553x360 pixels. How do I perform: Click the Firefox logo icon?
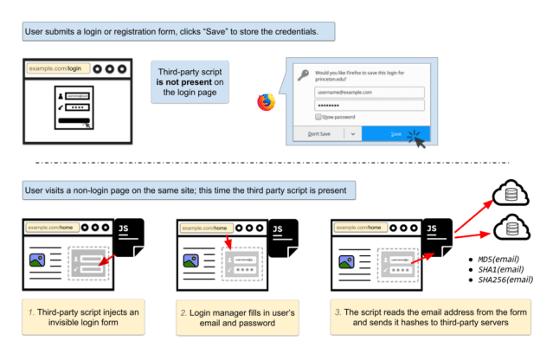click(x=266, y=102)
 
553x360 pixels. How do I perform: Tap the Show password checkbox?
click(x=319, y=116)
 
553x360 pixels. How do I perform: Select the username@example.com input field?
click(x=369, y=92)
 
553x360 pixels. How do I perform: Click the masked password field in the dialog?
click(x=369, y=106)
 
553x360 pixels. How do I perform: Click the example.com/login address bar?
click(x=57, y=67)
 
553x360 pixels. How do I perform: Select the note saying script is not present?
click(x=190, y=82)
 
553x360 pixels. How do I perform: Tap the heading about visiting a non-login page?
click(x=184, y=188)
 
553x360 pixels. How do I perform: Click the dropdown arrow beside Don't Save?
click(x=352, y=134)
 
